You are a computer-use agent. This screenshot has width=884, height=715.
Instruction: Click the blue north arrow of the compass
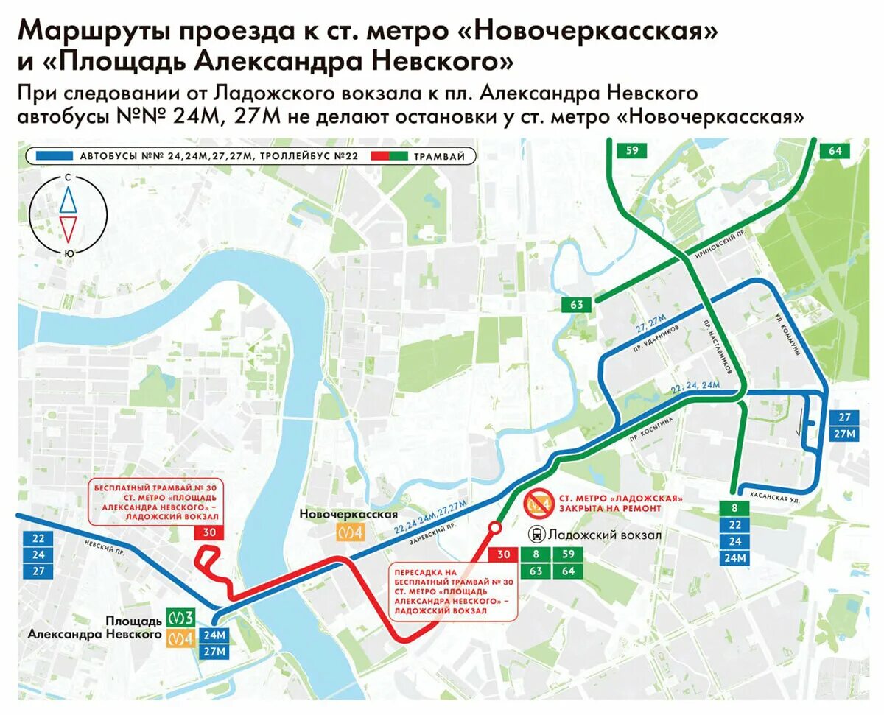68,199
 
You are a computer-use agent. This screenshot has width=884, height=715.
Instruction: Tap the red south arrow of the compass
68,229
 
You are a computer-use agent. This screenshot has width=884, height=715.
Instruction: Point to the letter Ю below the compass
69,253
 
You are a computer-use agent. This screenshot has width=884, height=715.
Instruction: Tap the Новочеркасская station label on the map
349,515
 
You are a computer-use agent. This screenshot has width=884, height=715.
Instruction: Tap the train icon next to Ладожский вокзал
539,535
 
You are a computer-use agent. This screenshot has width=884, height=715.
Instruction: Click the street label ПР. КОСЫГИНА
651,428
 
